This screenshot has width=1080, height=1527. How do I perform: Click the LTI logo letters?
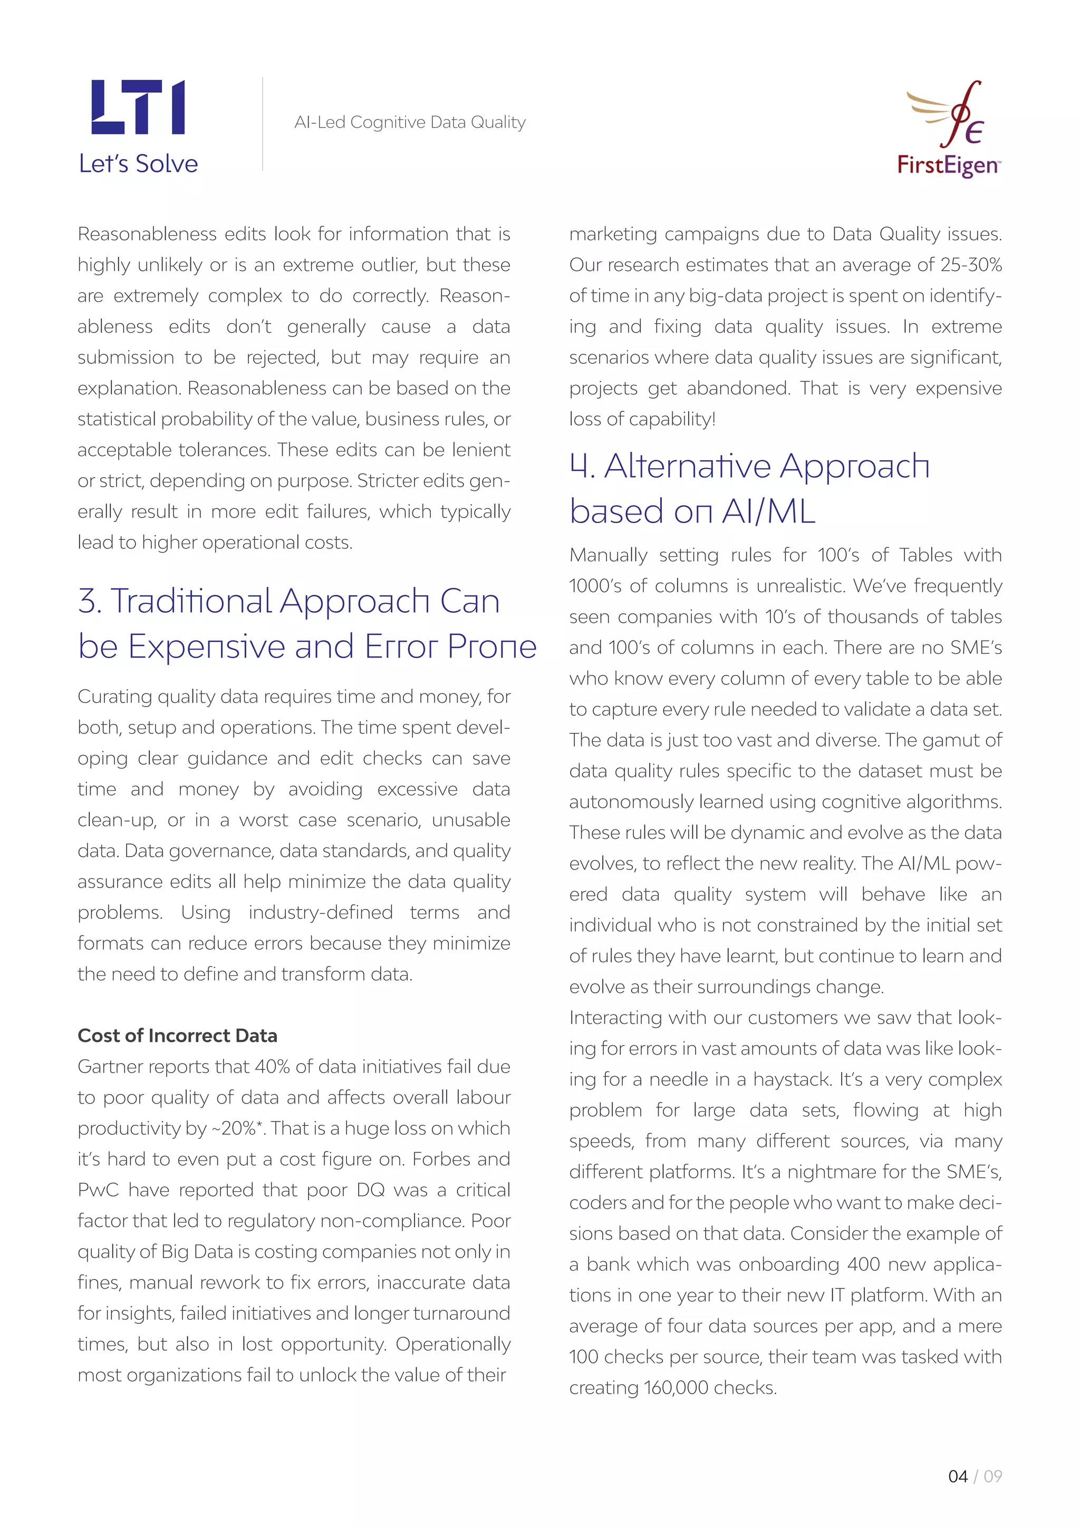(x=138, y=107)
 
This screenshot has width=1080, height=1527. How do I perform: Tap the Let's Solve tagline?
(x=138, y=163)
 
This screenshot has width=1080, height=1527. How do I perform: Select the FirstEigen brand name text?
(x=947, y=165)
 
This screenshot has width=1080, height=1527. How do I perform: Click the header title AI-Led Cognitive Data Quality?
(x=410, y=122)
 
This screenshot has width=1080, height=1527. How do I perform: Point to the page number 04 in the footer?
(x=957, y=1476)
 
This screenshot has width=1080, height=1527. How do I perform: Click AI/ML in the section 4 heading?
(x=769, y=512)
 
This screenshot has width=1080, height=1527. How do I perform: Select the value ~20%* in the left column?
(x=238, y=1128)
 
